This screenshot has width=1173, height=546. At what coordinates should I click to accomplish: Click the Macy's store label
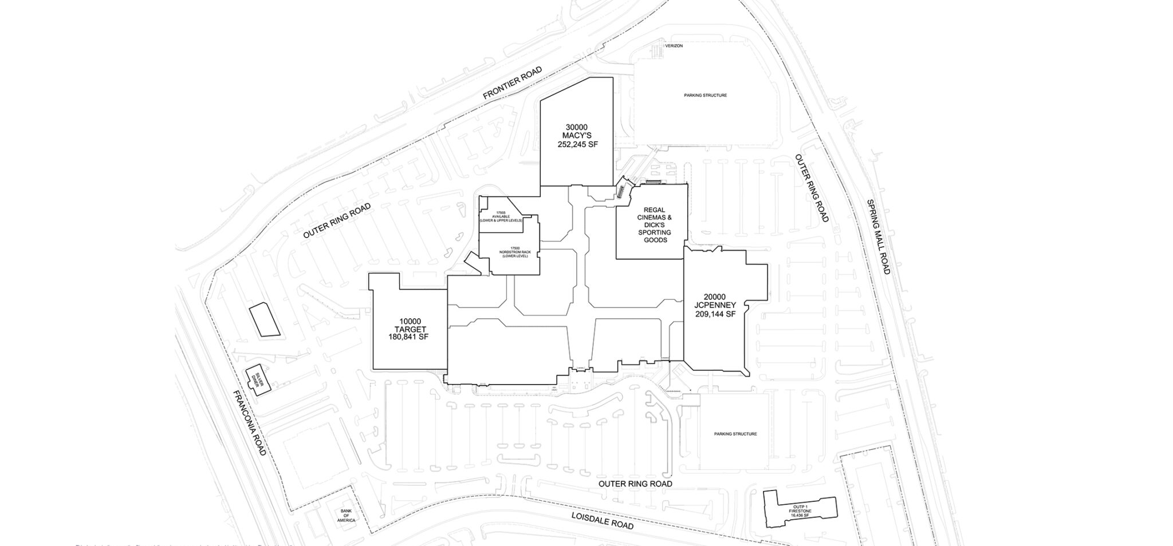tap(577, 136)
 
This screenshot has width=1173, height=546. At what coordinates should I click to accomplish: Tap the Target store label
tap(408, 329)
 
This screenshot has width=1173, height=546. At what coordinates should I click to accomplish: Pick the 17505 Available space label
tap(501, 219)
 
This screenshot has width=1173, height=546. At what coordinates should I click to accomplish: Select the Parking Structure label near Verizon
tap(705, 95)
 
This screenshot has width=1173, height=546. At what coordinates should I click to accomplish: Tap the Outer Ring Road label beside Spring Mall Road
tap(811, 188)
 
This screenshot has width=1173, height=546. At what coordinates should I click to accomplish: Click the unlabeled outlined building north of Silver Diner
tap(264, 319)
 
